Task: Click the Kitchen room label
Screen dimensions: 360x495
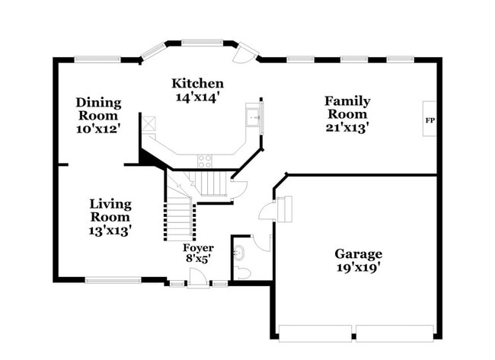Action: click(197, 84)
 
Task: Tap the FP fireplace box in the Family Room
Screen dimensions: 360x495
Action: click(430, 120)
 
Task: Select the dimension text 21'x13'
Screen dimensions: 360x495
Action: click(347, 128)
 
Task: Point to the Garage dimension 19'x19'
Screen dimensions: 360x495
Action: click(358, 267)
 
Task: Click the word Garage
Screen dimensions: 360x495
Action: click(358, 254)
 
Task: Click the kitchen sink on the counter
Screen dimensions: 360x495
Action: click(253, 118)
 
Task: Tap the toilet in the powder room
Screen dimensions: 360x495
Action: click(242, 272)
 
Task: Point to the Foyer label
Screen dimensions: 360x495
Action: click(198, 248)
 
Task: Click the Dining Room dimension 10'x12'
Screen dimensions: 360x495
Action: click(97, 129)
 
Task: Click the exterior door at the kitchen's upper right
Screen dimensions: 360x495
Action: click(246, 53)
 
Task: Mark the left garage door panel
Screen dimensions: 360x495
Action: click(315, 333)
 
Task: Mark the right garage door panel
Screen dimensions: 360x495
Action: click(394, 333)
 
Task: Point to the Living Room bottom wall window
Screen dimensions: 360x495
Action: click(112, 280)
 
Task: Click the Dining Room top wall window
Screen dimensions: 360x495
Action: click(97, 59)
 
